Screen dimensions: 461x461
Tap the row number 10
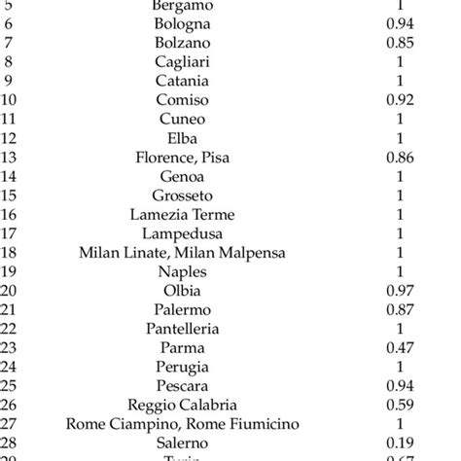[x=10, y=99]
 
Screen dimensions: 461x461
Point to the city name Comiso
[x=183, y=99]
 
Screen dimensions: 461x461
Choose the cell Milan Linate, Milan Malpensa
[x=183, y=253]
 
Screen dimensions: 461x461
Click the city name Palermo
[x=183, y=309]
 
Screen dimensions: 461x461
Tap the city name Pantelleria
[x=183, y=329]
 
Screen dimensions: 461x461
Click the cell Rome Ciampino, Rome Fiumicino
[x=183, y=423]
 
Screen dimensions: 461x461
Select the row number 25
[x=10, y=385]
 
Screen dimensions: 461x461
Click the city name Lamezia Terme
[x=183, y=215]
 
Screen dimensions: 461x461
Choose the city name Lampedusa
[x=183, y=233]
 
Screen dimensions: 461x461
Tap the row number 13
[x=10, y=156]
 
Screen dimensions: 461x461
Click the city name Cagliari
[x=183, y=62]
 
